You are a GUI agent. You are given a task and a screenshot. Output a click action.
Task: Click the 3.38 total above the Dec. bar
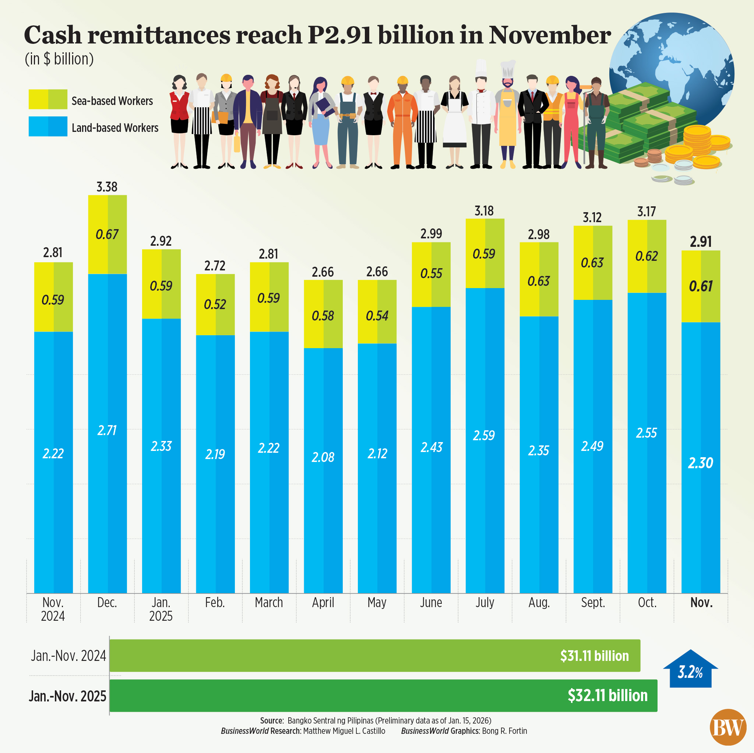pos(106,187)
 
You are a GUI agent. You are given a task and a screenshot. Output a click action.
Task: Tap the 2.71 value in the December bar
pos(107,430)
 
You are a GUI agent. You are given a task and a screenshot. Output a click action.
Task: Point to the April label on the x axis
pos(323,603)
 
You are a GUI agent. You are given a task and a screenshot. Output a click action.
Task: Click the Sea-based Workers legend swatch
pos(47,99)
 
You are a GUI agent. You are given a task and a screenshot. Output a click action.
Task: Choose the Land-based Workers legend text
pos(115,128)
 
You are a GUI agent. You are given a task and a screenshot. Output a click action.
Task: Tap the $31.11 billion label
pos(594,656)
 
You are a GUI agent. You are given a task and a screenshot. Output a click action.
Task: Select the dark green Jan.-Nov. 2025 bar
pos(383,696)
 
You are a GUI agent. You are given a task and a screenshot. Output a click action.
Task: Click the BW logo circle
pos(728,727)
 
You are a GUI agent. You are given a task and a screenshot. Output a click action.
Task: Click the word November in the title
pos(550,35)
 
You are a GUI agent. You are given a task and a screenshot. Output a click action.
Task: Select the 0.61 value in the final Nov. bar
pos(701,286)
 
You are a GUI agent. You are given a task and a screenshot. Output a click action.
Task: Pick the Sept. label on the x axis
pos(593,603)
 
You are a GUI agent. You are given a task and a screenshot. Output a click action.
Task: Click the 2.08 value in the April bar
pos(323,457)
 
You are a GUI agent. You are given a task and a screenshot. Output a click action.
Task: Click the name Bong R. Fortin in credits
pos(504,731)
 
